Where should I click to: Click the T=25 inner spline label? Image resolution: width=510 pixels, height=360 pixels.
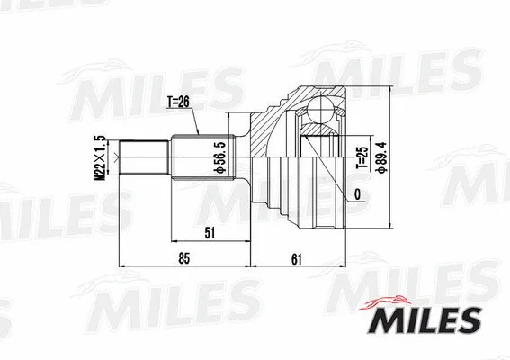(357, 153)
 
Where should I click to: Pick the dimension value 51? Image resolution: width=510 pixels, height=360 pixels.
(210, 233)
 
